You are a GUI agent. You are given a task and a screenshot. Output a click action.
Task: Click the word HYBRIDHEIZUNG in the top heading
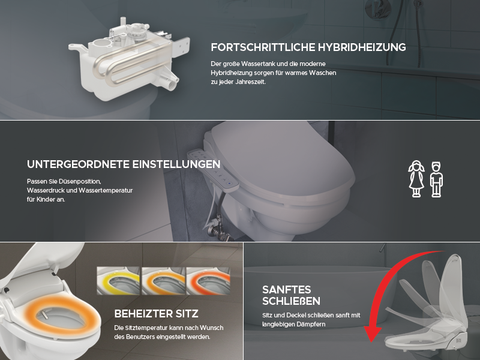[x=362, y=47]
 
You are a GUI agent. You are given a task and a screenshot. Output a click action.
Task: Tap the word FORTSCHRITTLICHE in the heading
[x=263, y=47]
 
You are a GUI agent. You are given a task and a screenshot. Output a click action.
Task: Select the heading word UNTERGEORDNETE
[x=79, y=164]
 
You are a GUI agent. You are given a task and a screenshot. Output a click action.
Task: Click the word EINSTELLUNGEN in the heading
[x=176, y=164]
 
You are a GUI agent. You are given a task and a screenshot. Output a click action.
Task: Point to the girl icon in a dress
[x=416, y=179]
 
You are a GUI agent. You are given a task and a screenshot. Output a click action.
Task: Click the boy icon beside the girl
[x=436, y=179]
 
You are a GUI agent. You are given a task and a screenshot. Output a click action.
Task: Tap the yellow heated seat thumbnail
[x=118, y=281]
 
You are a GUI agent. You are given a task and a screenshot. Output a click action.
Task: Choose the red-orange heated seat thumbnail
[x=208, y=281]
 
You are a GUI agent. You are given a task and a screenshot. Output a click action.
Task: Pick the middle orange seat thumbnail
[x=163, y=281]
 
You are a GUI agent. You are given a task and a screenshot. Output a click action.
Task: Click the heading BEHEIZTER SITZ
[x=157, y=314]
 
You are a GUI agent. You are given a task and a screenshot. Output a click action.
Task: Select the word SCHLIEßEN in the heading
[x=291, y=301]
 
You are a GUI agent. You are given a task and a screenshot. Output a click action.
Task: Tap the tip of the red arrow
[x=371, y=342]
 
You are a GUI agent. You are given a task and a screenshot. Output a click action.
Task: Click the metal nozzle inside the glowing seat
[x=44, y=314]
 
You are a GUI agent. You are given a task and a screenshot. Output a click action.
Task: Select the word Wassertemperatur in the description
[x=106, y=190]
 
